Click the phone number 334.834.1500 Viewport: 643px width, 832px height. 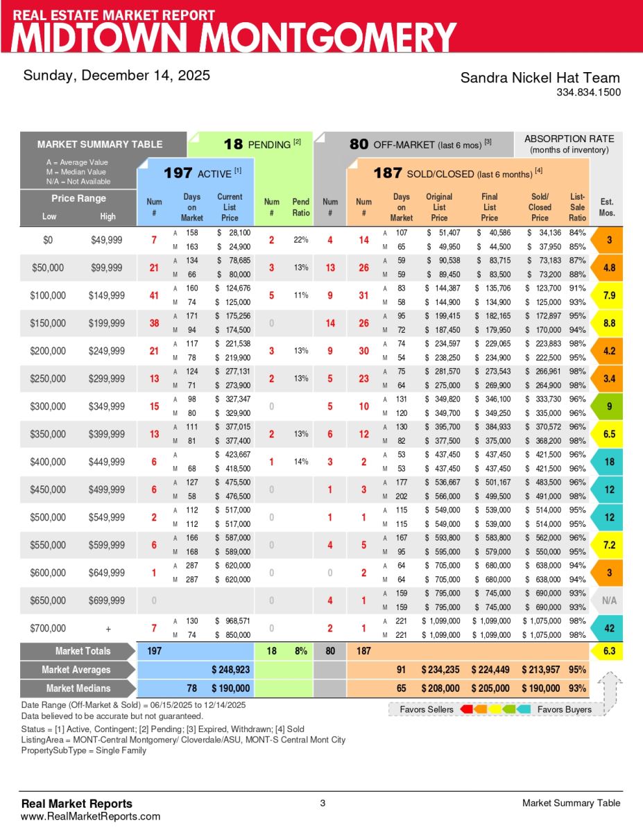coord(588,92)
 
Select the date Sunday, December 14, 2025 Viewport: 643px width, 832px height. coord(117,76)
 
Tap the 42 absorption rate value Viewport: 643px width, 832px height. coord(609,629)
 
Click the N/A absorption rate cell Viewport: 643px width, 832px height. coord(609,601)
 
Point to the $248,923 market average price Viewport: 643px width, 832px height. coord(230,670)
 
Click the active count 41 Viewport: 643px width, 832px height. coord(154,295)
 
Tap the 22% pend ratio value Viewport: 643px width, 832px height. coord(300,240)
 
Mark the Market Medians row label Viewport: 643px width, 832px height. coord(78,688)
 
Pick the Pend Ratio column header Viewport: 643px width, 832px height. coord(300,207)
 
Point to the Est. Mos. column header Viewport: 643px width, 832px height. coord(606,207)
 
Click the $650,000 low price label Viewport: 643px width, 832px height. coord(49,600)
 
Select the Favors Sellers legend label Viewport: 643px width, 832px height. coord(427,709)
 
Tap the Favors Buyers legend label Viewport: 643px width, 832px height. coord(564,709)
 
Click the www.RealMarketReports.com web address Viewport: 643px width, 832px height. coord(90,816)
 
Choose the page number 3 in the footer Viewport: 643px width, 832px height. coord(323,804)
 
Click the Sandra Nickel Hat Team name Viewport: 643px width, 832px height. coord(540,78)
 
